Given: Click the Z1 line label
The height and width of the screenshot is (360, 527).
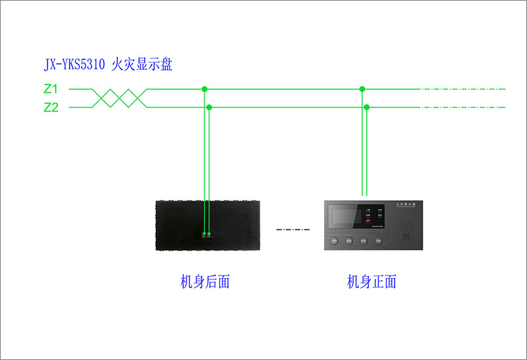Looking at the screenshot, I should click(x=51, y=88).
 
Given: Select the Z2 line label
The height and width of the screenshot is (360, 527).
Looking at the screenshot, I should click(x=51, y=107).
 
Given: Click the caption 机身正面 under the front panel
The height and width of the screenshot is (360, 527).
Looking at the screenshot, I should click(x=372, y=282).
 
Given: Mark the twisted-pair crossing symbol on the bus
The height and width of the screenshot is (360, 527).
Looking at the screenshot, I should click(x=119, y=98).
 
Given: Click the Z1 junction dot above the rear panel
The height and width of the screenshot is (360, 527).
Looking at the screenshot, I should click(x=204, y=88).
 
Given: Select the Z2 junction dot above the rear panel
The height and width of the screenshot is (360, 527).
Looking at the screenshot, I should click(x=209, y=107).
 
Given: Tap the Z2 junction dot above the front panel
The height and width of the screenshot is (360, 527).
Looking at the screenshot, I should click(x=367, y=107).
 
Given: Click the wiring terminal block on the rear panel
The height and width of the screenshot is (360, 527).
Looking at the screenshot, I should click(x=207, y=234).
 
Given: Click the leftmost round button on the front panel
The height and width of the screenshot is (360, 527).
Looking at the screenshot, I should click(x=335, y=241).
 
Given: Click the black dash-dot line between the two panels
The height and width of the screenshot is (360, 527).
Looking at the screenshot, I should click(x=292, y=229).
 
